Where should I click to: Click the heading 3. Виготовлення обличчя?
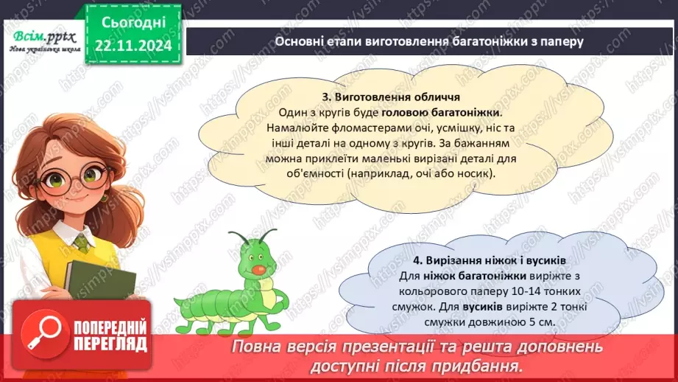391,97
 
